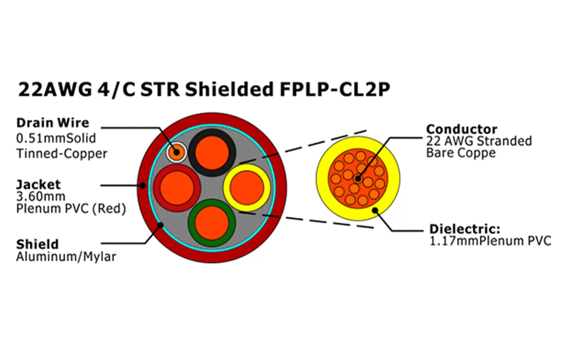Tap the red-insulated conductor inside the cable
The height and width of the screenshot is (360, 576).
click(x=176, y=188)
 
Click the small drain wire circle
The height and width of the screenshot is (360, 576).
click(x=176, y=152)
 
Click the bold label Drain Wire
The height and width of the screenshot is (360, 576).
click(x=53, y=123)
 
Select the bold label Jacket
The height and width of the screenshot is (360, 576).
click(x=38, y=184)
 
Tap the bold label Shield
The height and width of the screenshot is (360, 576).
click(x=37, y=245)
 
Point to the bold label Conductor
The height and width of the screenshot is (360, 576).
click(x=462, y=130)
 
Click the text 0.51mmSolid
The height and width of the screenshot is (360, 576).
click(x=56, y=138)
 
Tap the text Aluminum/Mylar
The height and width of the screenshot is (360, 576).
click(x=66, y=257)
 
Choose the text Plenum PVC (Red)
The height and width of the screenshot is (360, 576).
click(x=71, y=209)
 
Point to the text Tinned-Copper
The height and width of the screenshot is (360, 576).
click(x=62, y=153)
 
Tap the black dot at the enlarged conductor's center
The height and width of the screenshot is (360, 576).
click(x=358, y=179)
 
